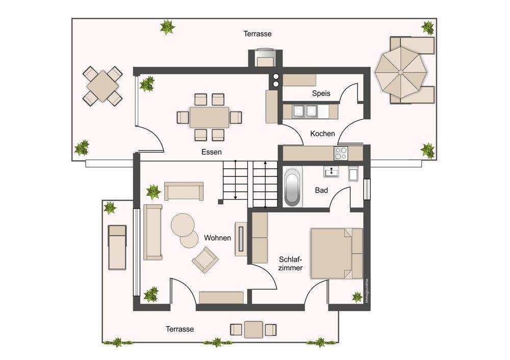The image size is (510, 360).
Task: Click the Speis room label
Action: click(x=321, y=93)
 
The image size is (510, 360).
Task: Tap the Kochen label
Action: click(x=322, y=134)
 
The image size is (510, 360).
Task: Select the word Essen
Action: click(x=212, y=152)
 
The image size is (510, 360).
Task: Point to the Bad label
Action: click(x=321, y=190)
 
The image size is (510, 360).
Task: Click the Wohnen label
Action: click(x=217, y=238)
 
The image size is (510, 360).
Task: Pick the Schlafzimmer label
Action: click(x=291, y=264)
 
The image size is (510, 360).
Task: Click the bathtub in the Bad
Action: click(x=293, y=187)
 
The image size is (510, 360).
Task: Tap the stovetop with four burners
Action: click(x=341, y=153)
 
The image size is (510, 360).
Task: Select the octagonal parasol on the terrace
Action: click(x=401, y=71)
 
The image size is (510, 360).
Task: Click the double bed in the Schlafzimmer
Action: click(x=337, y=253)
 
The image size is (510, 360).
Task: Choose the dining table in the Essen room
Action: click(x=210, y=117)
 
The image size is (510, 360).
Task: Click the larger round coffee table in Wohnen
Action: click(x=183, y=225)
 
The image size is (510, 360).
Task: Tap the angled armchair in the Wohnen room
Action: click(x=205, y=260)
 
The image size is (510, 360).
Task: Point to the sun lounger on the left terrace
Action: click(x=117, y=247)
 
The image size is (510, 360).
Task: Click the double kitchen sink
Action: click(x=305, y=111)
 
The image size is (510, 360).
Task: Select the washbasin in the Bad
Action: click(x=331, y=171)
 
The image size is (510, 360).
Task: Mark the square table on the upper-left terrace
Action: click(x=103, y=86)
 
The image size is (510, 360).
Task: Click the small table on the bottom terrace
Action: click(x=253, y=329)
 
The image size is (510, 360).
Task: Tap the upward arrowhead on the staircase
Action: click(x=266, y=163)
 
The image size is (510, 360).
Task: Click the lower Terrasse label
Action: click(x=180, y=329)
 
